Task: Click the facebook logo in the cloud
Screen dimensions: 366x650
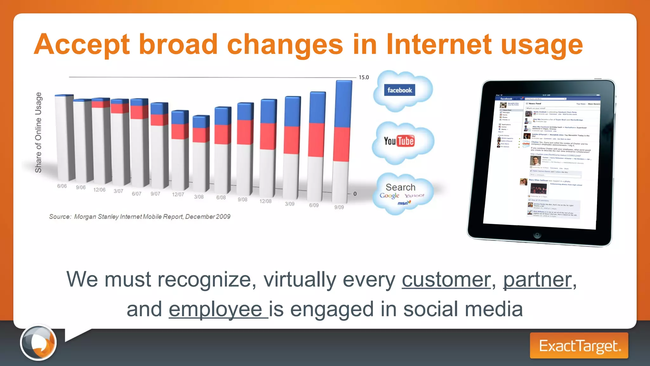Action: coord(399,90)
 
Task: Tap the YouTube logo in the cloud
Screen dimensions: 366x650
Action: coord(399,141)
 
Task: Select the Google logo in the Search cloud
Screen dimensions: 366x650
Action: coord(389,196)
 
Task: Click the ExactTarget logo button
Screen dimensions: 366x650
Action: coord(579,346)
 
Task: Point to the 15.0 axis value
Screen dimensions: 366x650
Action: coord(364,77)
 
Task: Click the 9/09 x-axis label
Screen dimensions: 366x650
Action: coord(339,207)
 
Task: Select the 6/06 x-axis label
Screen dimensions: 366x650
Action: coord(62,186)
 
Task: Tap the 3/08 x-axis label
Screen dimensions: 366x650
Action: coord(199,197)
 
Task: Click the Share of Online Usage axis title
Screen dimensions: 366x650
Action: coord(38,132)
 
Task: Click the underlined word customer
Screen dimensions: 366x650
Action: coord(446,280)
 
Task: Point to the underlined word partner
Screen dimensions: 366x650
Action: coord(537,280)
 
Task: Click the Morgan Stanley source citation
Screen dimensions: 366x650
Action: coord(140,217)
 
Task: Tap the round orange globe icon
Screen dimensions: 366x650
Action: coord(38,342)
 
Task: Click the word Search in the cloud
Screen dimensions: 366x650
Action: coord(400,187)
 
